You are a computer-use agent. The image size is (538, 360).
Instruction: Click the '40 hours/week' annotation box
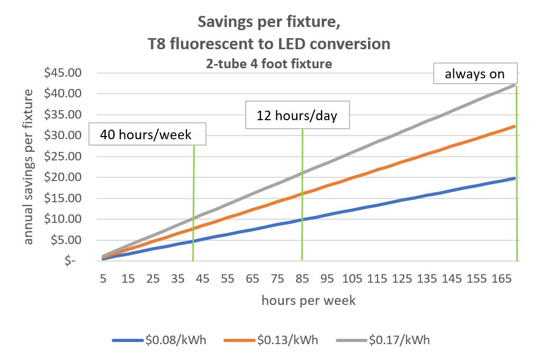pos(147,135)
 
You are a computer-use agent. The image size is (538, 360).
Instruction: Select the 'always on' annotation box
pos(474,74)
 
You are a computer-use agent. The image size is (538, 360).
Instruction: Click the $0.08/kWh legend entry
pos(159,340)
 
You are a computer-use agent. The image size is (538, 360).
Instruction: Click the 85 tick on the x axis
pos(302,278)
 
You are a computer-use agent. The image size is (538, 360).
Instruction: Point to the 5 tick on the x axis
pos(103,278)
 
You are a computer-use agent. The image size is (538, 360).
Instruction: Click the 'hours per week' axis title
pos(308,301)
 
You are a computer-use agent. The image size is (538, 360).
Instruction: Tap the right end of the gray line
pos(515,85)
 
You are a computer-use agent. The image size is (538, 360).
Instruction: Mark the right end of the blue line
pos(515,178)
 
